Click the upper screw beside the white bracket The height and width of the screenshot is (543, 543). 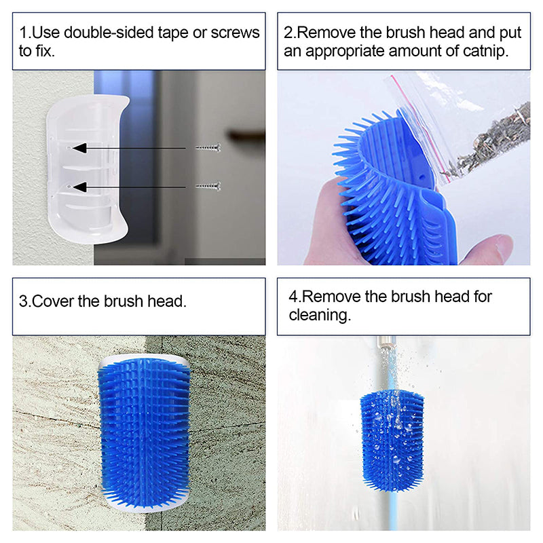click(207, 147)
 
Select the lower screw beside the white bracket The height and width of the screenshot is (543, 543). click(207, 186)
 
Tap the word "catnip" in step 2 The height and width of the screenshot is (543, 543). click(484, 52)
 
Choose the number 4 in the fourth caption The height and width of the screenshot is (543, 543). click(293, 297)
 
